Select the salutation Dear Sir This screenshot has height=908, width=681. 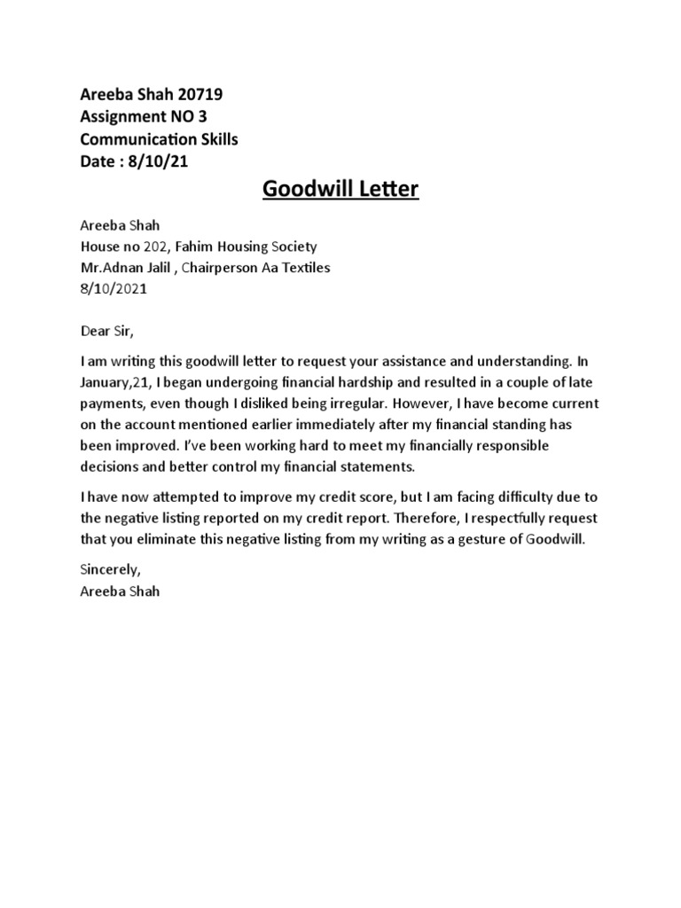[x=106, y=332]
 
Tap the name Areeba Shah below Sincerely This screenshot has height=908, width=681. [x=120, y=591]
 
